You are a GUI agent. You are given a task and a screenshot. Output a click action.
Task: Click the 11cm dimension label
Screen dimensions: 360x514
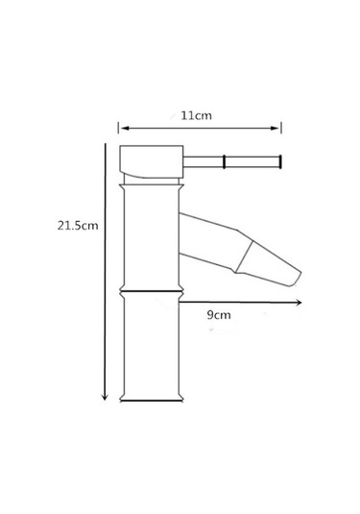(x=196, y=115)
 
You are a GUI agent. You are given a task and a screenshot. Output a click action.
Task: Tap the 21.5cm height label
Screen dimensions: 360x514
(x=78, y=226)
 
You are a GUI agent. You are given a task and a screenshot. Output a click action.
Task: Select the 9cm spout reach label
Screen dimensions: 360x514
(x=219, y=315)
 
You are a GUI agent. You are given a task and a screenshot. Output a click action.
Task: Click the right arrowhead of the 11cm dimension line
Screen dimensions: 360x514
(x=276, y=128)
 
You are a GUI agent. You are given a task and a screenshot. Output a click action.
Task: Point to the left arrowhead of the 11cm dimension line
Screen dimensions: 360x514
(x=124, y=128)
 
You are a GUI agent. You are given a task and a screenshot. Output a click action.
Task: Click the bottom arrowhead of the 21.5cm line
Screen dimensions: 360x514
(x=105, y=397)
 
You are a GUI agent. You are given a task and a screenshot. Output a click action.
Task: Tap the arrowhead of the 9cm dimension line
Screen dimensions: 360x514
(x=299, y=303)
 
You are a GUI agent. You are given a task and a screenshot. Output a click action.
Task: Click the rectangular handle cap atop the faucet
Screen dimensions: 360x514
(x=152, y=161)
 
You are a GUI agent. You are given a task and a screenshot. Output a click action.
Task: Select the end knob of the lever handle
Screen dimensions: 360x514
(x=280, y=161)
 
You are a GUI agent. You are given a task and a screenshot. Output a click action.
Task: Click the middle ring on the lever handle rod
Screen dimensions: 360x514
(x=224, y=161)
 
